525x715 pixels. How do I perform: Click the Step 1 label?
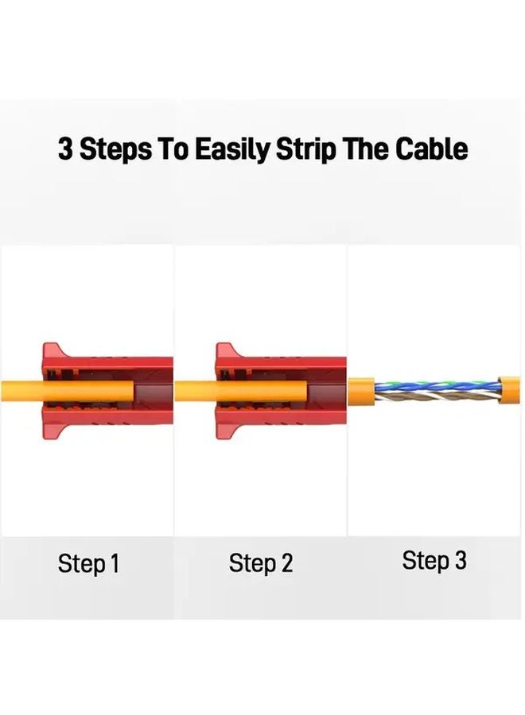(x=88, y=564)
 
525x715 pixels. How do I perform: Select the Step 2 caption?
(x=261, y=563)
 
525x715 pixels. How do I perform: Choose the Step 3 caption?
(x=434, y=561)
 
